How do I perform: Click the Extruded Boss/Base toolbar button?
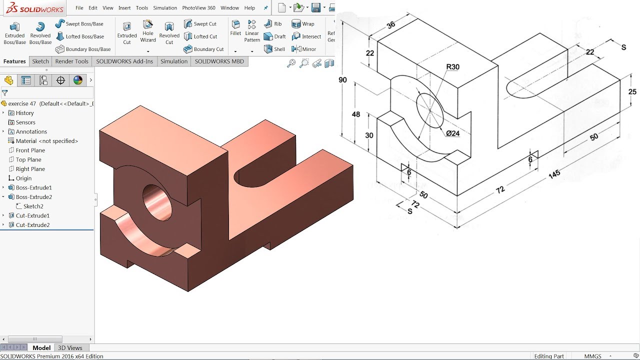coord(15,33)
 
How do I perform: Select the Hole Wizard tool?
coord(148,31)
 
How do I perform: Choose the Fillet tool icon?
coord(235,27)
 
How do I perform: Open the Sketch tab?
coord(40,61)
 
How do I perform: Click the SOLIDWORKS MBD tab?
coord(219,61)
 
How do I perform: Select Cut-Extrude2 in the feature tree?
coord(32,225)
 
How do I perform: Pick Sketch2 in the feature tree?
coord(33,206)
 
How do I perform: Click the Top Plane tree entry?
coord(28,159)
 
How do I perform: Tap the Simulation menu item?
coord(165,8)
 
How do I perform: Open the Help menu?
coord(249,8)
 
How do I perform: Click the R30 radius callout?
coord(452,67)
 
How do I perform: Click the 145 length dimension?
coord(554,174)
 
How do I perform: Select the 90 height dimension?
coord(342,80)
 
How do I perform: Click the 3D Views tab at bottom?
coord(70,348)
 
